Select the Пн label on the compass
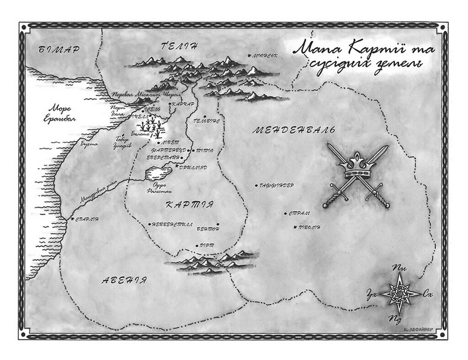[x=401, y=268]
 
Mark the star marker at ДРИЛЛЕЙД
[x=177, y=165]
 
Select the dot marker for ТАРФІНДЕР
[x=256, y=186]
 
